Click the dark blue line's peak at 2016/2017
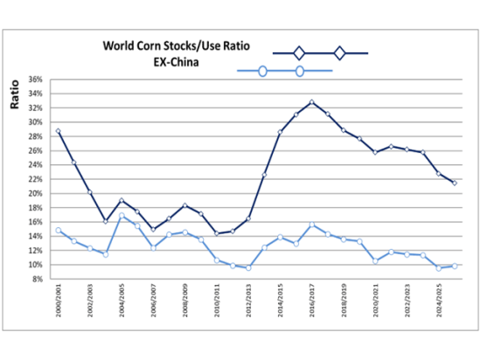(312, 102)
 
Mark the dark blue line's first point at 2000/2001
(58, 131)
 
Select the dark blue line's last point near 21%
(455, 183)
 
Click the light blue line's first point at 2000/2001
(58, 231)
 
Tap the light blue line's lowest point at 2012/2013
(248, 267)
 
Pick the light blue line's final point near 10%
(455, 266)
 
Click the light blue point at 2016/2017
(312, 225)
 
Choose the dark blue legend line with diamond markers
(320, 53)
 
